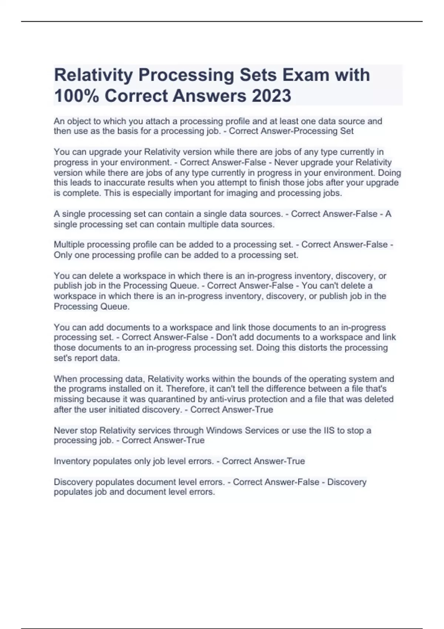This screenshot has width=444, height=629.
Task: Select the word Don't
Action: click(226, 337)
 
